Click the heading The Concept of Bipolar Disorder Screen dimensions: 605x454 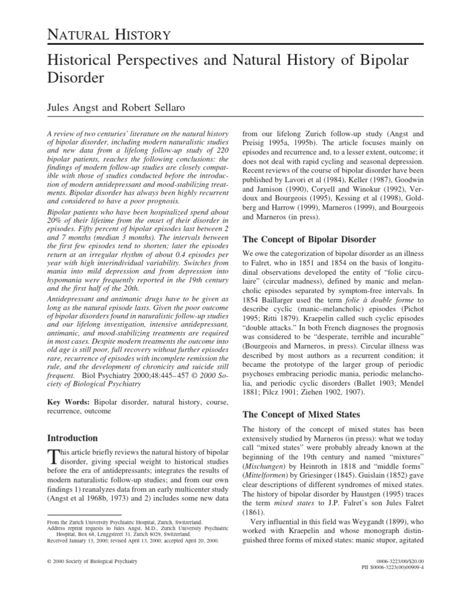pos(310,239)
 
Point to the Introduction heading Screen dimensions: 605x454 pos(72,438)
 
